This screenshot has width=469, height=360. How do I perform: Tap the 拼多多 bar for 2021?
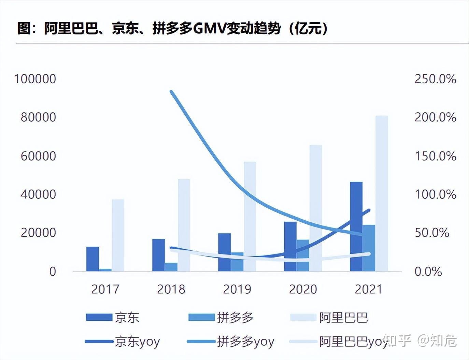coord(369,248)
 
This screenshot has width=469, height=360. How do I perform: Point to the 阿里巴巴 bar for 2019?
coord(250,217)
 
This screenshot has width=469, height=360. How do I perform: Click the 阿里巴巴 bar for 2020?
coord(316,208)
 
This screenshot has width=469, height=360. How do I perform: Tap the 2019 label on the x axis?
coord(237,289)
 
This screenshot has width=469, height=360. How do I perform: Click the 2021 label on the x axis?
coord(369,289)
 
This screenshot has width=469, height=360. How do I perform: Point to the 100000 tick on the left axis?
coord(35,79)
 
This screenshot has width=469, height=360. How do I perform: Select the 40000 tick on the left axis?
coord(38,194)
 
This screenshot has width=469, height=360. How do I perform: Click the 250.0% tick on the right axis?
coord(435,79)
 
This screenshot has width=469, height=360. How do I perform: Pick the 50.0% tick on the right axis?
coord(432,233)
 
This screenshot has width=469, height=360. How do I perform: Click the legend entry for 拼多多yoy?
coord(245,341)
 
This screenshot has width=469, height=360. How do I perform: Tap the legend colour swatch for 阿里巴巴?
coord(303,317)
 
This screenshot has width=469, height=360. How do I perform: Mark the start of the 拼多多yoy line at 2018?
coord(171,92)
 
